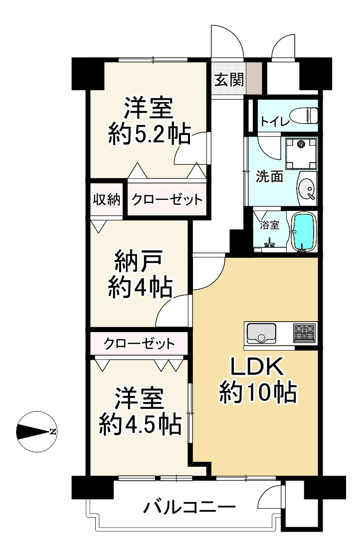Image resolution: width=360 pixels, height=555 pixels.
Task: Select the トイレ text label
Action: [x=274, y=120]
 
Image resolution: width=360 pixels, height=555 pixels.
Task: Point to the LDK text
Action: [x=257, y=369]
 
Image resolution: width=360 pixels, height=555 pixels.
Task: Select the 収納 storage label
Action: [x=107, y=200]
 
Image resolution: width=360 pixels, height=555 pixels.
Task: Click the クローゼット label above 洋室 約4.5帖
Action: [x=140, y=343]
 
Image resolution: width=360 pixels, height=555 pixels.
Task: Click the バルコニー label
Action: [x=189, y=509]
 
